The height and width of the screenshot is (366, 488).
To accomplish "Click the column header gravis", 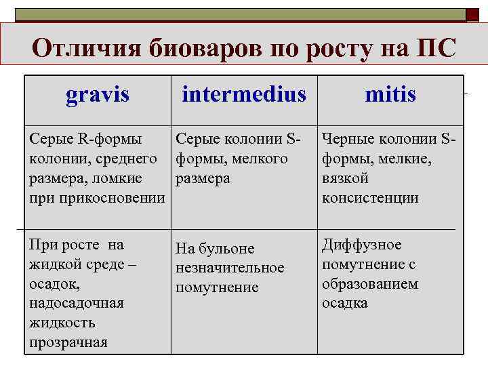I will (98, 95).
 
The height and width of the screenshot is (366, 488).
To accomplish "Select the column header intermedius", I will (244, 95).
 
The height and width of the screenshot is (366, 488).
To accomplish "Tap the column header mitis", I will (390, 95).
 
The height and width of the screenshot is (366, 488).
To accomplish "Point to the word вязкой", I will (346, 178).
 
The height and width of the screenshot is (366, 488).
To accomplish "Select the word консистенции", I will (370, 198).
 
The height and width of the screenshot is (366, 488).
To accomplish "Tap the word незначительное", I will (230, 268).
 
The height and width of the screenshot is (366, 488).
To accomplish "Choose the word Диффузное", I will (361, 245).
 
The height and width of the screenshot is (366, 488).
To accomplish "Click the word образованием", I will (370, 284).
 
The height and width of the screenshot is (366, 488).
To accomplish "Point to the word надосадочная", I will (77, 303).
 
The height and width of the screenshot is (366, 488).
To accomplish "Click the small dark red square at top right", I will (472, 14).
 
